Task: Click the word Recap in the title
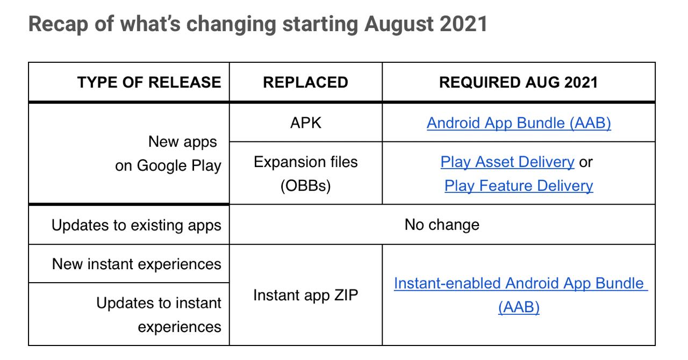click(58, 24)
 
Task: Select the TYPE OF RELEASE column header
click(149, 82)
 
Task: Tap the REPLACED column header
click(306, 82)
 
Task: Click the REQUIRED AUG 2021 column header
click(519, 82)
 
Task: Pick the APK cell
click(306, 123)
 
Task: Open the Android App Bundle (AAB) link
click(519, 123)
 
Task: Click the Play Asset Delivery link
click(507, 162)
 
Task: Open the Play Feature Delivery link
click(519, 186)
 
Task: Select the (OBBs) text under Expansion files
click(306, 186)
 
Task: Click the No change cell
click(442, 225)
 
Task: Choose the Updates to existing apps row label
click(137, 225)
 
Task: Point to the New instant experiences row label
click(137, 264)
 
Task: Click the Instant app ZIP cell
click(306, 295)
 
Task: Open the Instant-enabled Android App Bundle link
click(521, 295)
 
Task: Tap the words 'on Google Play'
click(168, 166)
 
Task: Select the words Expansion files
click(306, 162)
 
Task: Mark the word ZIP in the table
click(346, 295)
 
